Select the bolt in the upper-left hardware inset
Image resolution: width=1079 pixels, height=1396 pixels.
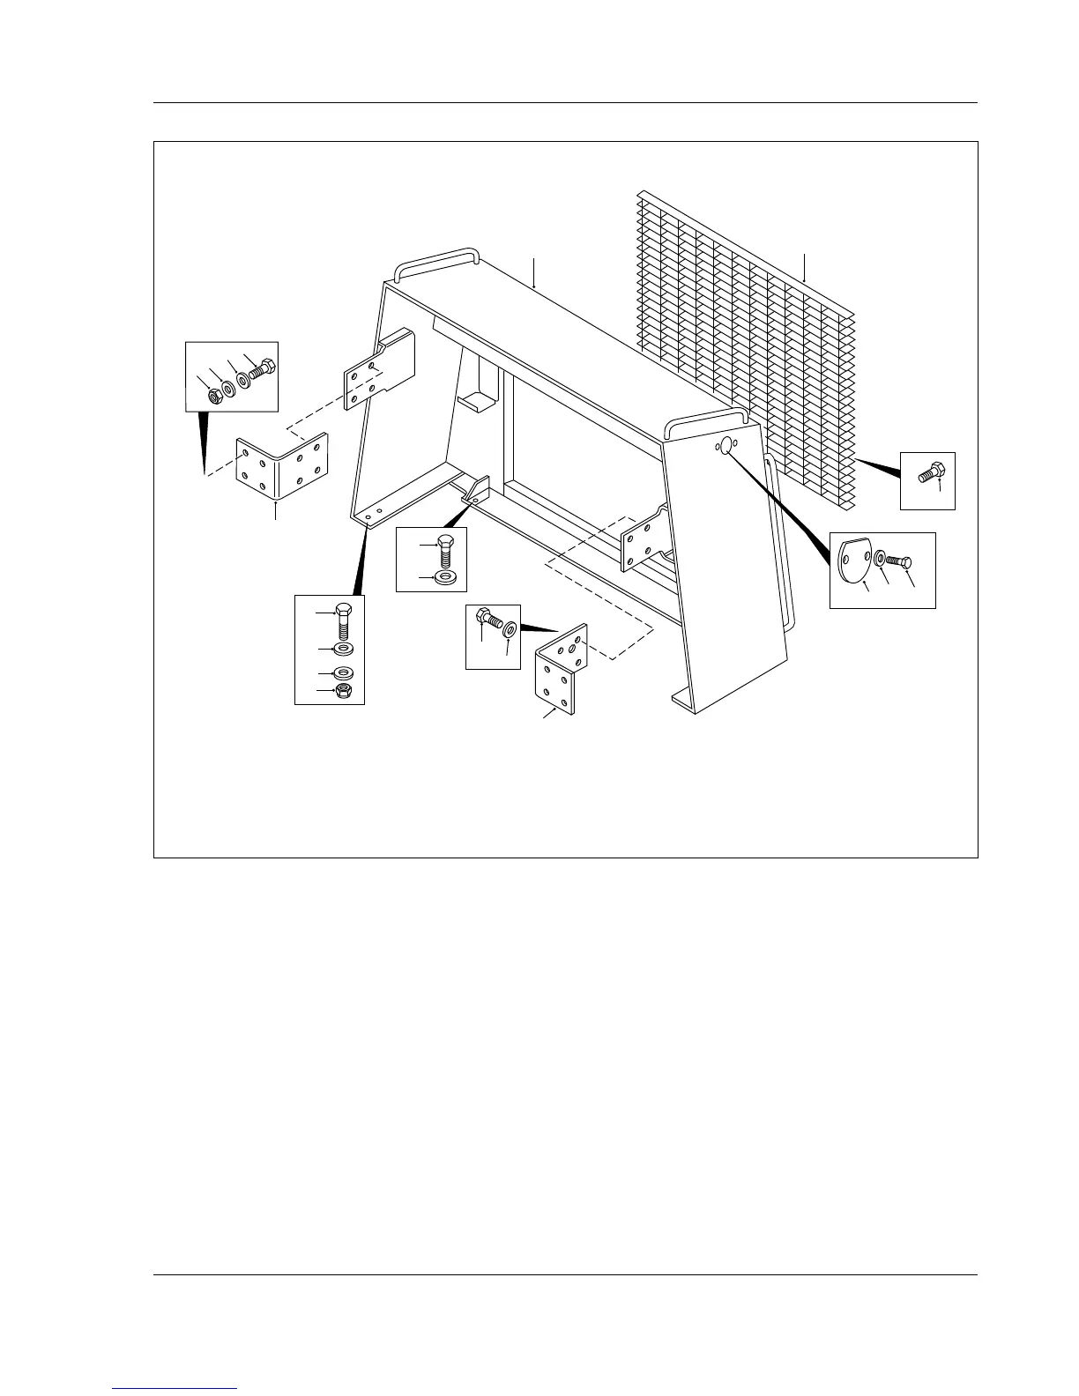262,370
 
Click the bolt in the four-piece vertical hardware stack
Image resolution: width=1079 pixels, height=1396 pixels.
344,620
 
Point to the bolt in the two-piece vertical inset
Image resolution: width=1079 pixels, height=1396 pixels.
447,551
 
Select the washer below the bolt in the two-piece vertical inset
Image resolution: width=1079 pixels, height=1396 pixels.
446,578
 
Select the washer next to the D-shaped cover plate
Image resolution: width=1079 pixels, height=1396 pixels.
881,558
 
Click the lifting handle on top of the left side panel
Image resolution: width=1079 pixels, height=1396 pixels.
435,260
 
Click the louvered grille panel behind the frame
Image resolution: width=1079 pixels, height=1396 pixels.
758,335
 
